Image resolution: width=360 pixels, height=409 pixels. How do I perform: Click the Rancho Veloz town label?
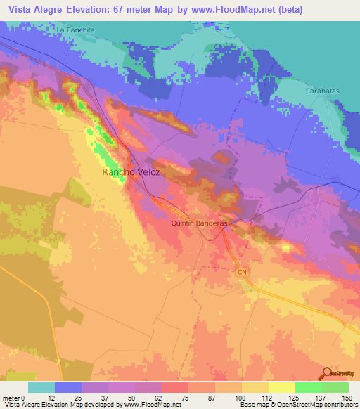[127, 172]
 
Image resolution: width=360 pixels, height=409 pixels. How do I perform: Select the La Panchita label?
[75, 30]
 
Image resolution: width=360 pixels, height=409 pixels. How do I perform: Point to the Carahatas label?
[323, 91]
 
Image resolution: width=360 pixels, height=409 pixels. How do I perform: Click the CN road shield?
[242, 271]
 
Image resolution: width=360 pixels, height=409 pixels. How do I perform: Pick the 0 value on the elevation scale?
[22, 398]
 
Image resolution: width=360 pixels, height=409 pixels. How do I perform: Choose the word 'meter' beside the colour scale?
[11, 398]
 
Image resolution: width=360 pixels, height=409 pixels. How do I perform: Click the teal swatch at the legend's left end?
[41, 387]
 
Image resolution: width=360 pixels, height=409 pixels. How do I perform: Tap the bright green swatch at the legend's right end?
[335, 387]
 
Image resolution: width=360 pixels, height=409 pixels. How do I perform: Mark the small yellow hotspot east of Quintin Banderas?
[287, 247]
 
